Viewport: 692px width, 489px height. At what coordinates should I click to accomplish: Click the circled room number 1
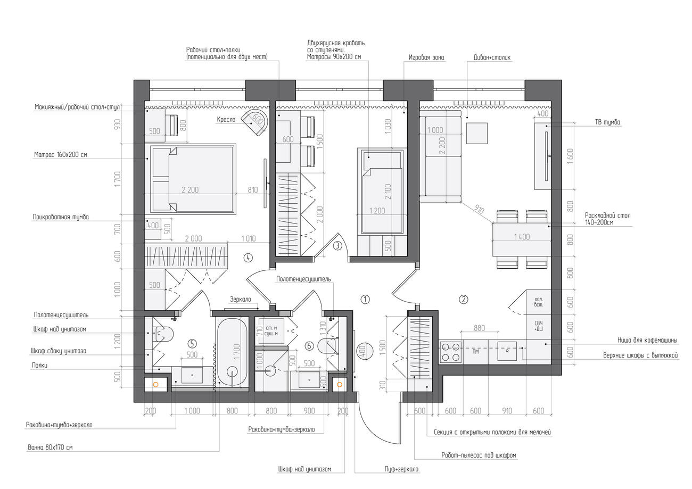click(x=365, y=299)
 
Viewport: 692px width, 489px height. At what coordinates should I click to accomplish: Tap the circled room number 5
click(x=192, y=344)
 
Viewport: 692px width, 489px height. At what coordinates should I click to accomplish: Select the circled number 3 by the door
click(x=337, y=246)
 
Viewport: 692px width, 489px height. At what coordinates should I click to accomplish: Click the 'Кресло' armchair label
click(x=226, y=120)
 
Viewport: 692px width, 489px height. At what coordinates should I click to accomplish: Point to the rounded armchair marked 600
click(x=255, y=122)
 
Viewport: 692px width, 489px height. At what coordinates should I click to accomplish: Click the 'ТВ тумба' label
click(x=608, y=122)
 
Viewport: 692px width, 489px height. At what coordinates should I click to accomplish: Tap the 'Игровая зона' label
click(x=426, y=57)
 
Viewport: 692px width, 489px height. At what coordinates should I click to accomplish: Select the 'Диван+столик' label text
click(x=492, y=57)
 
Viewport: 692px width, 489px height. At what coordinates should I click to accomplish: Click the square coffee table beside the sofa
click(x=477, y=133)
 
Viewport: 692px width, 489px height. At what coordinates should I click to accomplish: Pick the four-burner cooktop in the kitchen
click(x=451, y=352)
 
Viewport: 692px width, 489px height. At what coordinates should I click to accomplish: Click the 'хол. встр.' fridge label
click(x=539, y=302)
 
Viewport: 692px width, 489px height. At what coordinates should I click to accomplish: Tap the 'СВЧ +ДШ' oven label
click(x=539, y=326)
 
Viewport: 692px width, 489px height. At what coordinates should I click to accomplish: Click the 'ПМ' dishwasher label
click(x=476, y=352)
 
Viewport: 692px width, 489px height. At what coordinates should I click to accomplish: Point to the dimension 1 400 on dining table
click(x=522, y=237)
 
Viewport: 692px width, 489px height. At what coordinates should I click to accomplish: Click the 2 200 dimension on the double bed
click(x=190, y=190)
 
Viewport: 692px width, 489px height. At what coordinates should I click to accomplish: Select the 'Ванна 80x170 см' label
click(x=51, y=447)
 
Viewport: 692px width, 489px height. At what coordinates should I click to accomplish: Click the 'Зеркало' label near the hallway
click(x=241, y=299)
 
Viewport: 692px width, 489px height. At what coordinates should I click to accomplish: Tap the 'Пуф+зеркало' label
click(x=401, y=469)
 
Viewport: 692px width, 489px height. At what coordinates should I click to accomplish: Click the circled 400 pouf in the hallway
click(x=363, y=352)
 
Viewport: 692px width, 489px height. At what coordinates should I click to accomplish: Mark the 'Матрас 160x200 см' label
click(x=61, y=155)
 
